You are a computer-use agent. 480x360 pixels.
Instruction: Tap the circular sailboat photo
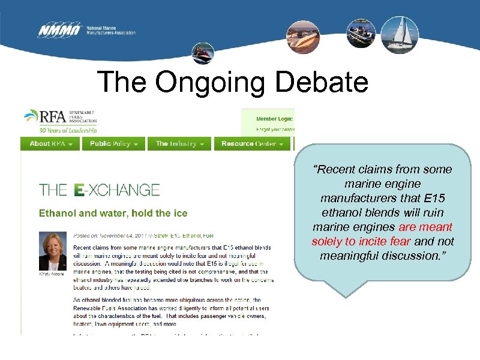point(400,34)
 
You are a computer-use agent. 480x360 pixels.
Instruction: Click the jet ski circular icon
point(202,55)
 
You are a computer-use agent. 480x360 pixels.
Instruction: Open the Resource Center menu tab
point(251,144)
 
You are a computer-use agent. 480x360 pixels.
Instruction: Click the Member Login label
point(274,119)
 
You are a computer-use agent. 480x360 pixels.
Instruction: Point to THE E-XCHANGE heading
point(100,190)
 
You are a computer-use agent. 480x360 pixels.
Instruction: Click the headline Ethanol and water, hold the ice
point(113,213)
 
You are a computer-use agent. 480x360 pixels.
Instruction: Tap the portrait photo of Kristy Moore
point(53,250)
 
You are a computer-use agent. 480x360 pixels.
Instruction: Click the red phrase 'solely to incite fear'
point(361,242)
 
